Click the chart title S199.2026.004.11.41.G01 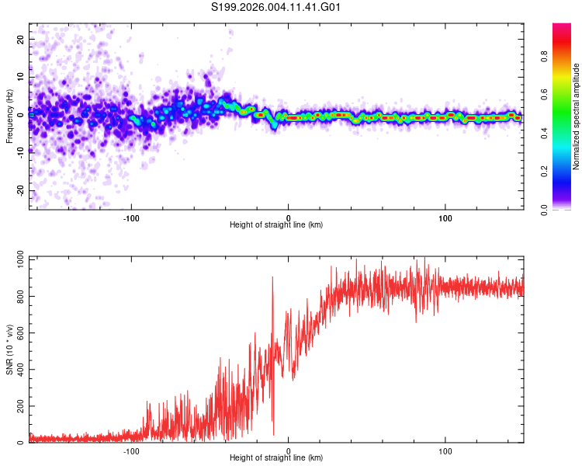click(x=277, y=8)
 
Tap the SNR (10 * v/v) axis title click(x=9, y=350)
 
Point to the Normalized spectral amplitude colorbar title click(x=577, y=116)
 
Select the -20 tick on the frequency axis click(x=21, y=191)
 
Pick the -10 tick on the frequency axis click(x=21, y=153)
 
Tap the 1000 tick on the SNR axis click(x=16, y=260)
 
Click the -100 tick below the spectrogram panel click(x=131, y=217)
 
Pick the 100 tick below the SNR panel click(x=446, y=450)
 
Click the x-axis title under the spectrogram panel click(x=276, y=225)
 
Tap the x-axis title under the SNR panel click(x=276, y=458)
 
